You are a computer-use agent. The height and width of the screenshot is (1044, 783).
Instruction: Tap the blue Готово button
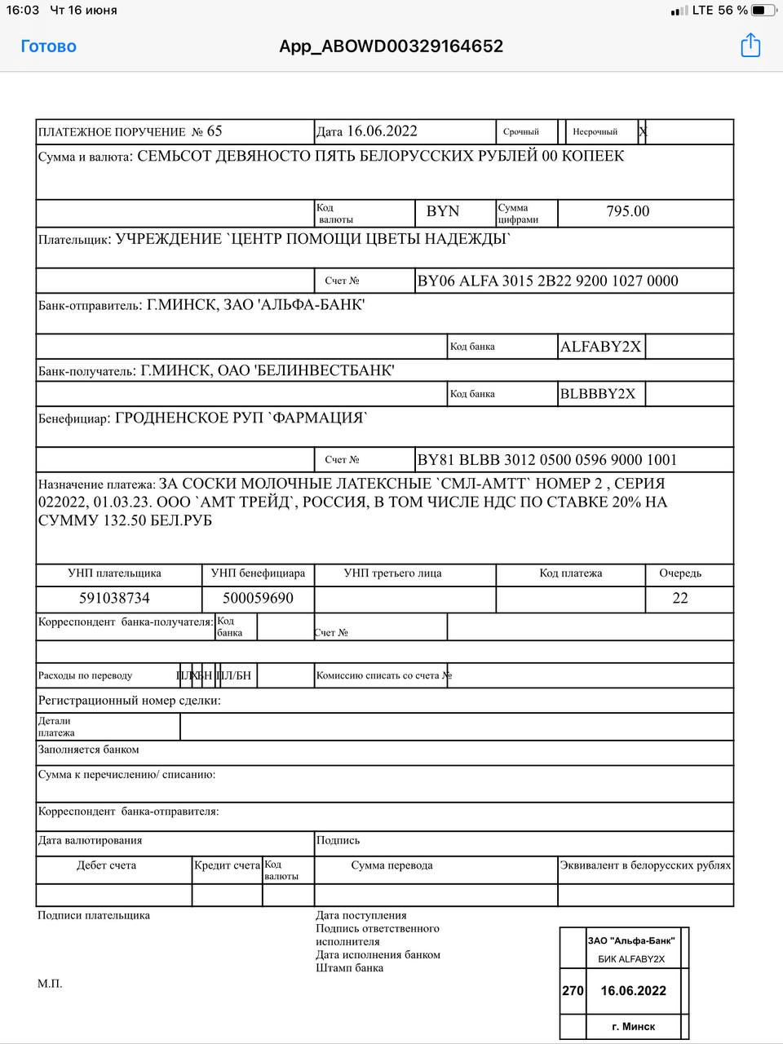pos(48,46)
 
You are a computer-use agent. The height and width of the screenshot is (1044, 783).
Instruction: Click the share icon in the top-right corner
pos(750,46)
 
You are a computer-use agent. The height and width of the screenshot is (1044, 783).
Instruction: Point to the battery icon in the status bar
pos(763,11)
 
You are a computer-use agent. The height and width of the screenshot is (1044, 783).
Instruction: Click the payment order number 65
pos(215,131)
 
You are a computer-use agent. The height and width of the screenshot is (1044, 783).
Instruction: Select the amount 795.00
pos(627,211)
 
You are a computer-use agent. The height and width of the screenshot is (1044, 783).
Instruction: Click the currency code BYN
pos(443,211)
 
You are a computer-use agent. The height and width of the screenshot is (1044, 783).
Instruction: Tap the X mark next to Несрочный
pos(643,131)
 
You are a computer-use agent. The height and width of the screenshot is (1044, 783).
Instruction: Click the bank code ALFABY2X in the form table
pos(600,347)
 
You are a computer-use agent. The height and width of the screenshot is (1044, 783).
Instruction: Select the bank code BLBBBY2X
pos(597,394)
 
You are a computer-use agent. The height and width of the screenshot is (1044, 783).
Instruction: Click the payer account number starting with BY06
pos(547,281)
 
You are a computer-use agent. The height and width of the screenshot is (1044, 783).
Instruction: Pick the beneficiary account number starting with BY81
pos(546,460)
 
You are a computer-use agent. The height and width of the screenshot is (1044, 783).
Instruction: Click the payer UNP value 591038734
pos(114,598)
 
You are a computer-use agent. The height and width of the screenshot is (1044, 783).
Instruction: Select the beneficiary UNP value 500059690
pos(258,598)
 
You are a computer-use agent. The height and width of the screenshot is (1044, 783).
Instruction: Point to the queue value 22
pos(680,598)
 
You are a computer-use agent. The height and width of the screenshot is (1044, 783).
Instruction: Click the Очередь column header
pos(680,573)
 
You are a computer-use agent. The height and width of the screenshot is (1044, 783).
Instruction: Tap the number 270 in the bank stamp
pos(573,991)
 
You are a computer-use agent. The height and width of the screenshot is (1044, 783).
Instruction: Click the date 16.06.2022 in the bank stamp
pos(633,991)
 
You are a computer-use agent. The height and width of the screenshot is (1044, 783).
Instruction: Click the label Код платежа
pos(570,573)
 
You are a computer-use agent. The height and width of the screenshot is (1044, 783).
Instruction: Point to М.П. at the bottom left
pos(50,984)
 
